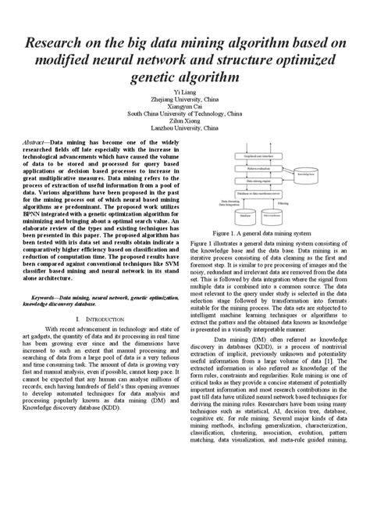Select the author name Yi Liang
[185, 92]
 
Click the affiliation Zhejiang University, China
[185, 100]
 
